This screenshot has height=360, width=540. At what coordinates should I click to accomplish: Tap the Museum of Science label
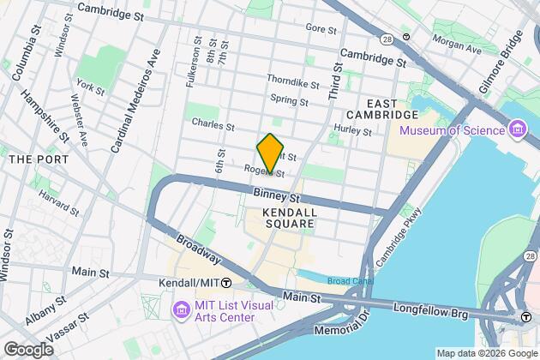coord(452,129)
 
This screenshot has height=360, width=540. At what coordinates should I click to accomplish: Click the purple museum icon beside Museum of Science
coord(517,129)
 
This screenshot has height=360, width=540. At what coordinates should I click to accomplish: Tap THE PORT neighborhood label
coord(31,160)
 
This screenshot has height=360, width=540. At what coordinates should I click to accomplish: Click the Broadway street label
coord(196,249)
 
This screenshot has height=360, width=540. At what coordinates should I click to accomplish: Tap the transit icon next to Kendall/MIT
coord(226,283)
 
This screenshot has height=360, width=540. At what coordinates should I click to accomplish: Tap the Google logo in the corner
coord(27,350)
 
